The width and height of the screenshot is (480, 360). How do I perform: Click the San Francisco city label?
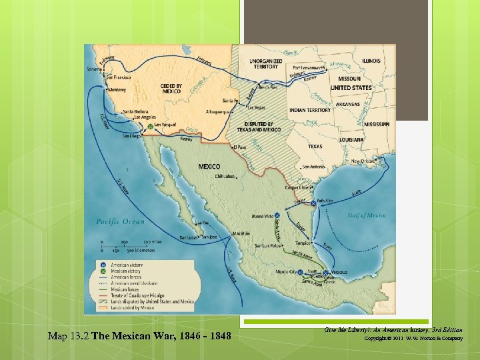coord(118,77)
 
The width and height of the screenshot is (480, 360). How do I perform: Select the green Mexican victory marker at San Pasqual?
coord(150,125)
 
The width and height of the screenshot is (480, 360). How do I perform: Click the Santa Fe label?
coord(230,101)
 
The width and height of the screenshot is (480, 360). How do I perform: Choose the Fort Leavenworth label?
coord(309,67)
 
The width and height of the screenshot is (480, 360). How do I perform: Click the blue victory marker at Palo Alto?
coord(313,203)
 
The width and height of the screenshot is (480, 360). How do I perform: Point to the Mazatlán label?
coord(241,233)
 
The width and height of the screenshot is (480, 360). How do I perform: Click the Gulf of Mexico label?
coord(366,215)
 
